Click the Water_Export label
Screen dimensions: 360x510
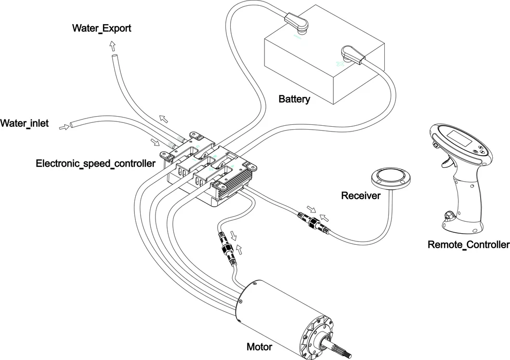102,28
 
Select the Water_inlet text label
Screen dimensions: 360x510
25,124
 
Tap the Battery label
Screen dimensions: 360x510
294,100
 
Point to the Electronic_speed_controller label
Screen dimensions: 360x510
96,164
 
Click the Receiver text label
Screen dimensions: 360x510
361,196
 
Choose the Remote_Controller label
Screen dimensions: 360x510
468,245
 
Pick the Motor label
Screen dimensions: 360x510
259,347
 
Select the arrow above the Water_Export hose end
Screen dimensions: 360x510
113,46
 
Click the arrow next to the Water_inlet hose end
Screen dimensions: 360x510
64,127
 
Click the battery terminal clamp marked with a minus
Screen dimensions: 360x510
297,23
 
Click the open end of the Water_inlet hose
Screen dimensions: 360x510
72,125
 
